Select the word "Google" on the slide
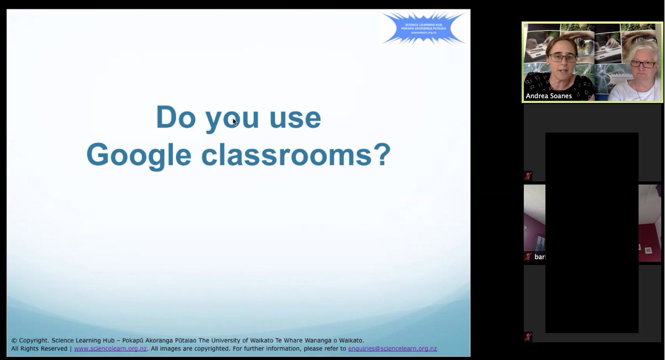point(139,155)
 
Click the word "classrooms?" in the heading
point(296,155)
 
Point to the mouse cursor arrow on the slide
point(234,121)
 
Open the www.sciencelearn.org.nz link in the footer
point(110,349)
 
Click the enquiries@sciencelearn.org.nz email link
point(392,349)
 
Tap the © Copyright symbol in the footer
point(14,341)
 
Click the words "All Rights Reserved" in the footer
point(39,349)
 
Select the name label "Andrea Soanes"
point(549,96)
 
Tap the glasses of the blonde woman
point(642,64)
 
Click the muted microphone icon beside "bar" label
point(528,257)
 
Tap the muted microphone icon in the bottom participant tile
point(528,337)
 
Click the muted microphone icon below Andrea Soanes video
point(528,176)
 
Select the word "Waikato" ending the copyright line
point(349,341)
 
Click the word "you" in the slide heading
point(232,119)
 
